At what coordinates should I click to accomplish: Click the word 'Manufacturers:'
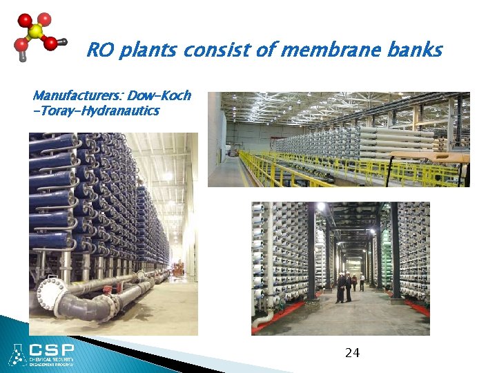pyautogui.click(x=78, y=95)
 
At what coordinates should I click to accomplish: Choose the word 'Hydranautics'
pyautogui.click(x=120, y=111)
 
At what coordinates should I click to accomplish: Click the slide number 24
pyautogui.click(x=352, y=354)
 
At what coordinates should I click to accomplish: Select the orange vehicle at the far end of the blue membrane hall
pyautogui.click(x=178, y=266)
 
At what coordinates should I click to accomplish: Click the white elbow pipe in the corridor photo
pyautogui.click(x=262, y=319)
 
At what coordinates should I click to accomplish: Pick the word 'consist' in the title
pyautogui.click(x=226, y=50)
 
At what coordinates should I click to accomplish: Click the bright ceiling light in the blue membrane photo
pyautogui.click(x=167, y=176)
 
